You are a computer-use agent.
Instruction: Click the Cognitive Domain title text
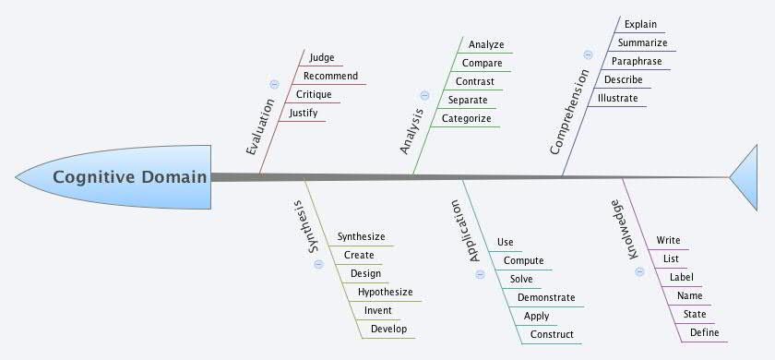coord(129,177)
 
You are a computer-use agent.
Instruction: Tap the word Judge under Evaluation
coord(322,57)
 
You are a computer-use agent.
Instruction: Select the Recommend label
coord(330,76)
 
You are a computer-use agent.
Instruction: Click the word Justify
coord(304,113)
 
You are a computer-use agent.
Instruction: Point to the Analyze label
coord(485,44)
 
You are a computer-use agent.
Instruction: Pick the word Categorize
coord(466,118)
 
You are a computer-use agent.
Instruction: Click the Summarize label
coord(643,42)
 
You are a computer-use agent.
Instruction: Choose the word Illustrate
coord(617,98)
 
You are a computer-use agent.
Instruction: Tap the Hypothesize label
coord(385,292)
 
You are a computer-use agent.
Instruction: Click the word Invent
coord(378,310)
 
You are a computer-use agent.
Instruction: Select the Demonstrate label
coord(545,297)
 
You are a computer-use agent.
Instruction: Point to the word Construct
coord(552,334)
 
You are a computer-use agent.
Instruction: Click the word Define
coord(704,332)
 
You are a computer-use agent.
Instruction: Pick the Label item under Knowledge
coord(681,277)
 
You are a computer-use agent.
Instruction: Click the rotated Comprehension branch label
coord(571,121)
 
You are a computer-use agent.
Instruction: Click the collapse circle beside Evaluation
coord(274,84)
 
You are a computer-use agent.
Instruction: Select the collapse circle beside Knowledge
coord(638,282)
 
